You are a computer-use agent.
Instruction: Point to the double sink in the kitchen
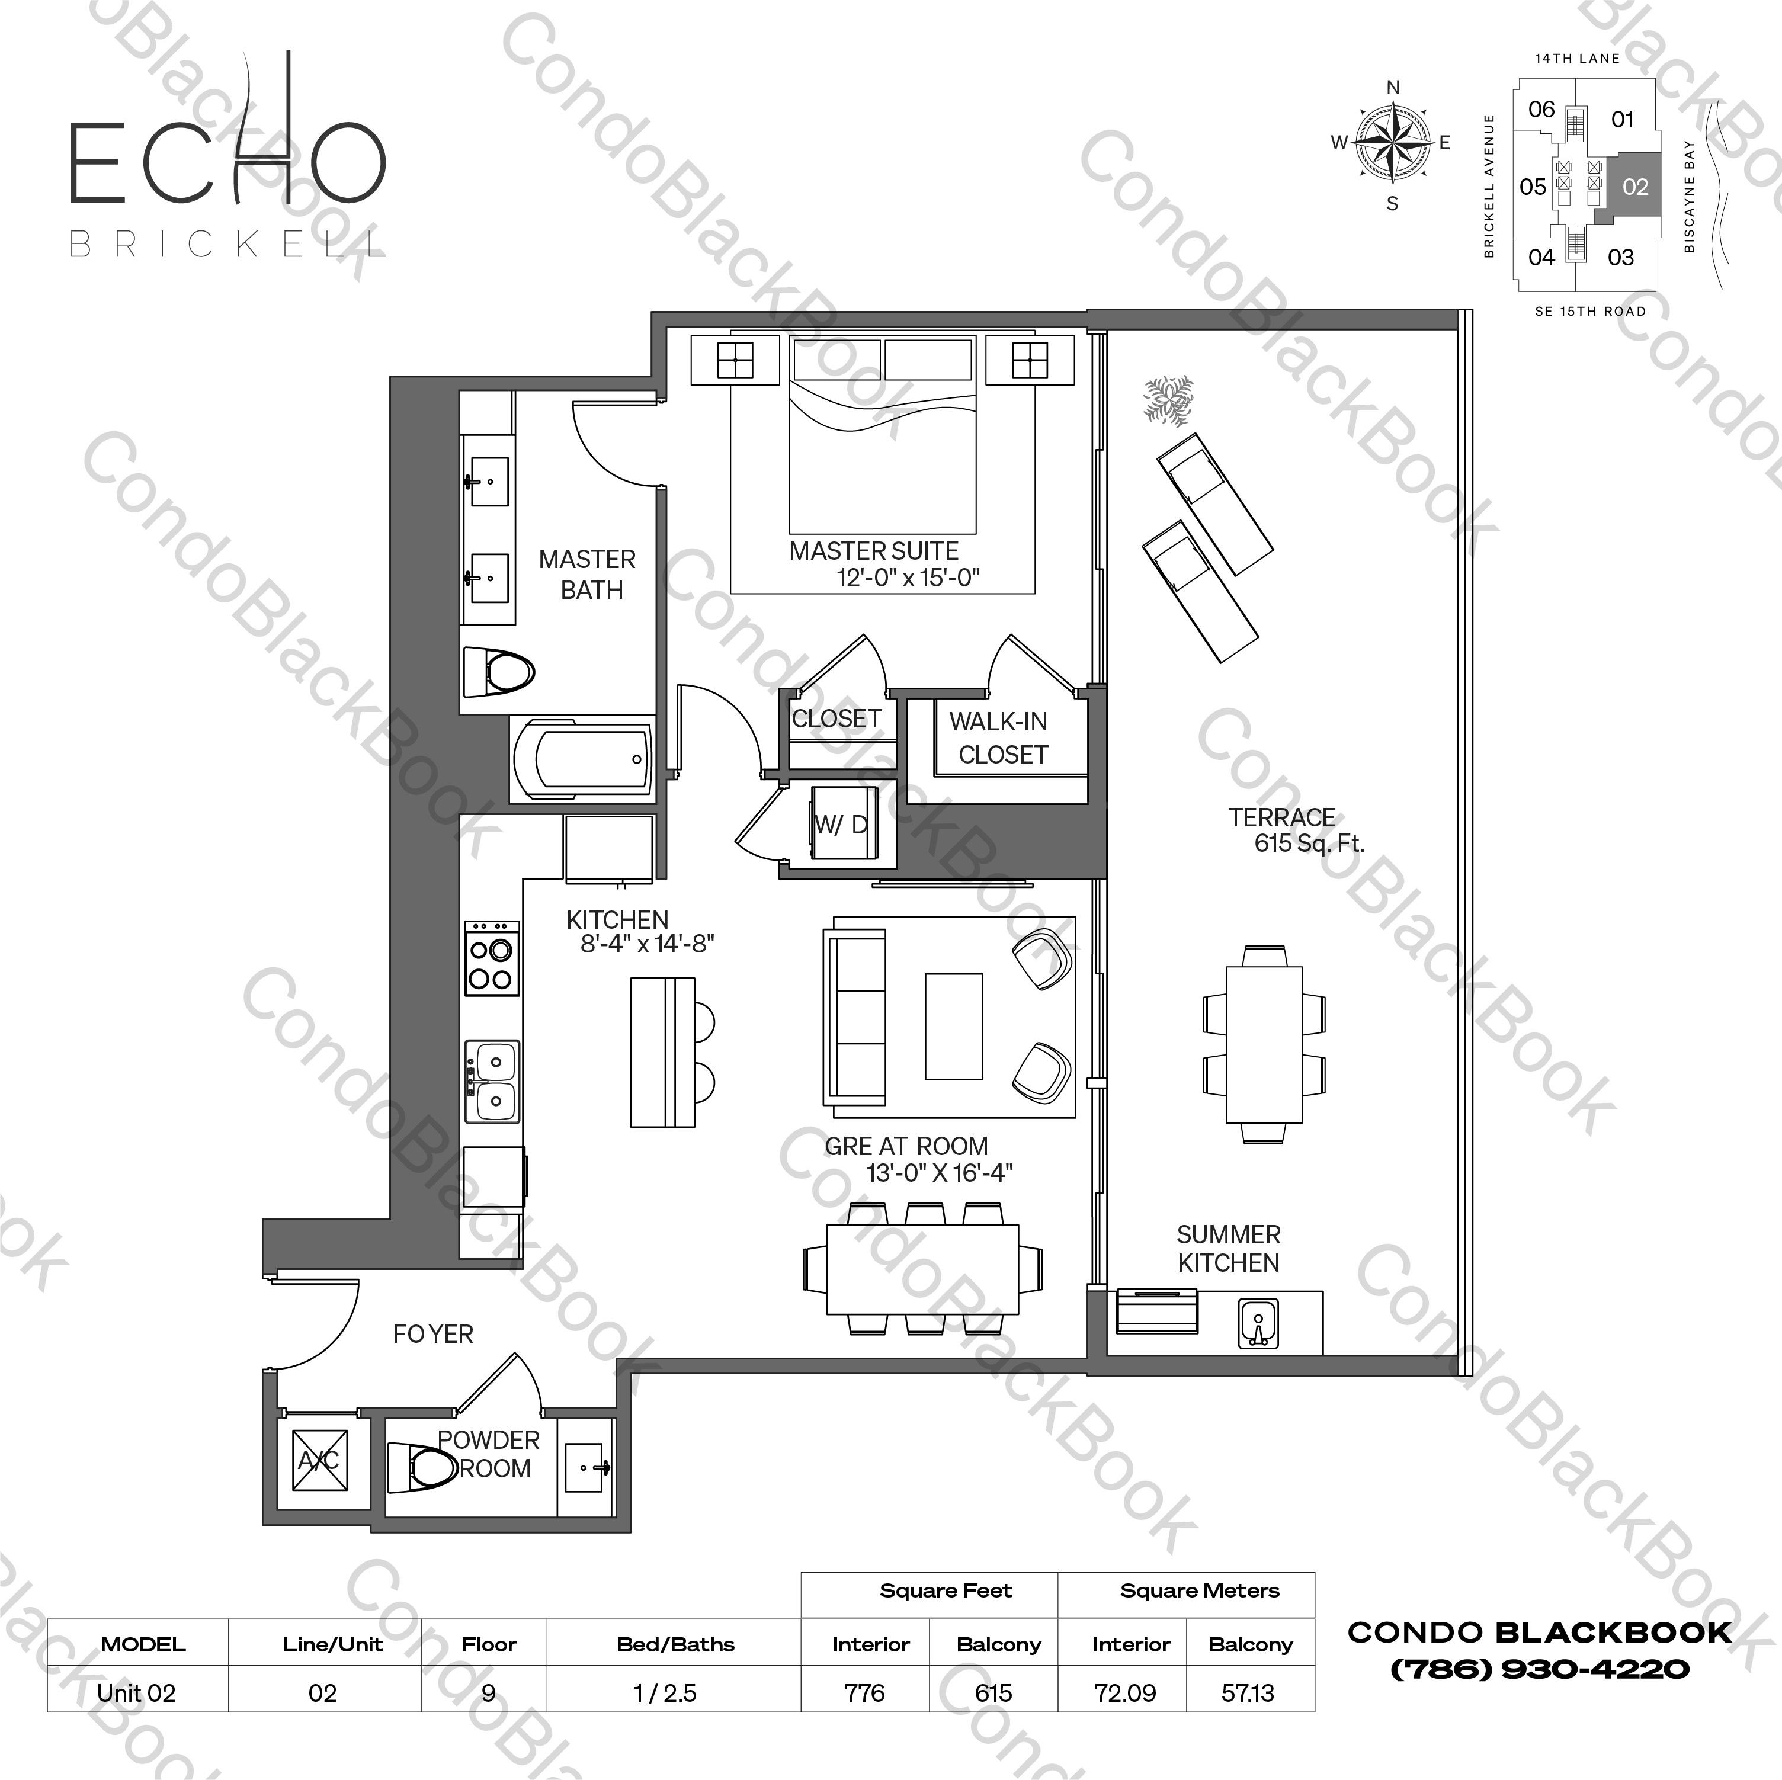492,1081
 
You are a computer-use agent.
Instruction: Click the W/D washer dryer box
842,825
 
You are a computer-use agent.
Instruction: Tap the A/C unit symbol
319,1460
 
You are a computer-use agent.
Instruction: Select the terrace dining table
1264,1044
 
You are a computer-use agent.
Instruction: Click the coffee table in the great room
954,1025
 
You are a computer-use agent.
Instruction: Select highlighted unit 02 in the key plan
1634,187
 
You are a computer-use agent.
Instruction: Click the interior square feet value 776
864,1694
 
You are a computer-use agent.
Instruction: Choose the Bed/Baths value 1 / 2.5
665,1694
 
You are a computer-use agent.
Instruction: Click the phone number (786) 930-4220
1540,1669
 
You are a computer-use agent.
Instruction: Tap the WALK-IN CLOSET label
1000,738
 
